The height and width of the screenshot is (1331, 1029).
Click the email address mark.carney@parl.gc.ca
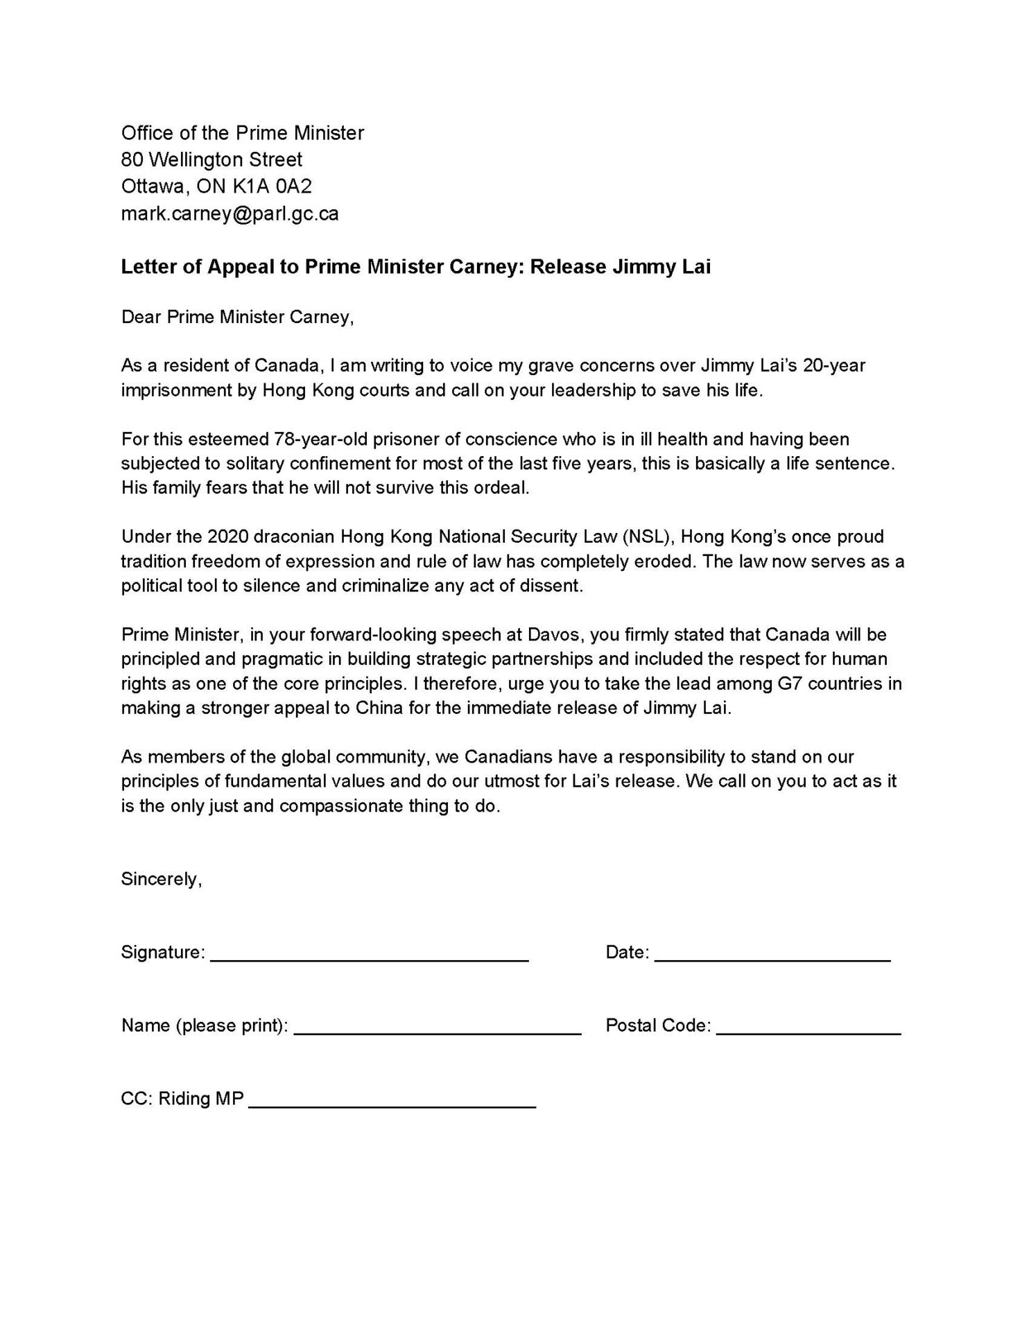click(x=230, y=214)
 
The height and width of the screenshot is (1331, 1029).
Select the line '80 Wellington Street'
click(x=211, y=159)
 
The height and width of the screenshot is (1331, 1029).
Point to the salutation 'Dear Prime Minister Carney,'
click(x=237, y=317)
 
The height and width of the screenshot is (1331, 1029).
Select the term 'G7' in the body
click(x=784, y=684)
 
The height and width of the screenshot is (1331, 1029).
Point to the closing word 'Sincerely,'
click(x=162, y=879)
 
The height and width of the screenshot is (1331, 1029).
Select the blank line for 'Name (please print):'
click(x=438, y=1032)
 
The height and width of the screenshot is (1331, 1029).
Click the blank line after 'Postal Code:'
click(x=808, y=1032)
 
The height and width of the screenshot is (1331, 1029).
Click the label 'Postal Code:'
click(x=658, y=1025)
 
